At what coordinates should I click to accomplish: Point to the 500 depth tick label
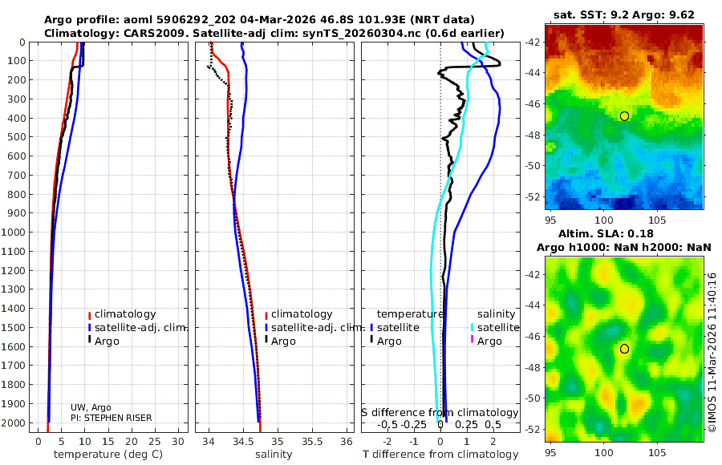[18, 137]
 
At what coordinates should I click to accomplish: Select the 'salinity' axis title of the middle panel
[274, 455]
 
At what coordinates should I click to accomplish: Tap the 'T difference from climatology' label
[440, 455]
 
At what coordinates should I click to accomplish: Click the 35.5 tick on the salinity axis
[311, 441]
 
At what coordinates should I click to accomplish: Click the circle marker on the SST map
[625, 116]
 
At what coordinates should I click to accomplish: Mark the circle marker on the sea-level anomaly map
[625, 349]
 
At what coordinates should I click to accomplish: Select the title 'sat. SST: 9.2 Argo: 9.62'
[624, 14]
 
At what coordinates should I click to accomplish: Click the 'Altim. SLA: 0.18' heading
[624, 232]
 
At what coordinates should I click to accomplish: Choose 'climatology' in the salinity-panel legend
[302, 314]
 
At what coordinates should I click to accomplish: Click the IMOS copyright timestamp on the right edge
[712, 353]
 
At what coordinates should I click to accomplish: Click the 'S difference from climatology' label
[440, 412]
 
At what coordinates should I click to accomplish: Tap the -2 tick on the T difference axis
[388, 441]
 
